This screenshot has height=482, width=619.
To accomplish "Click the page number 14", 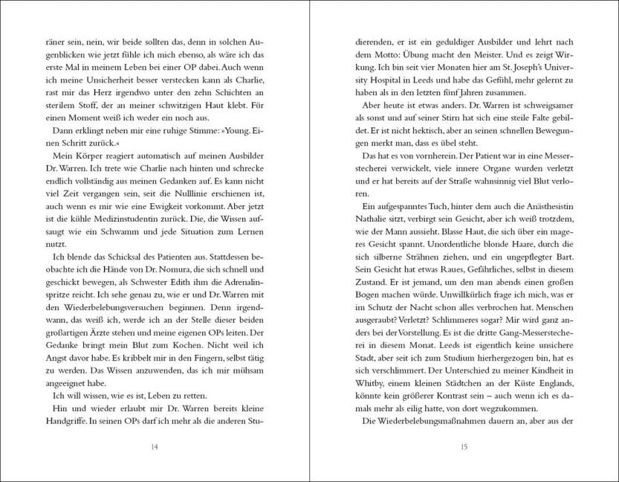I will point(154,446).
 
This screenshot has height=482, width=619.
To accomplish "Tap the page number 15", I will point(463,446).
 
